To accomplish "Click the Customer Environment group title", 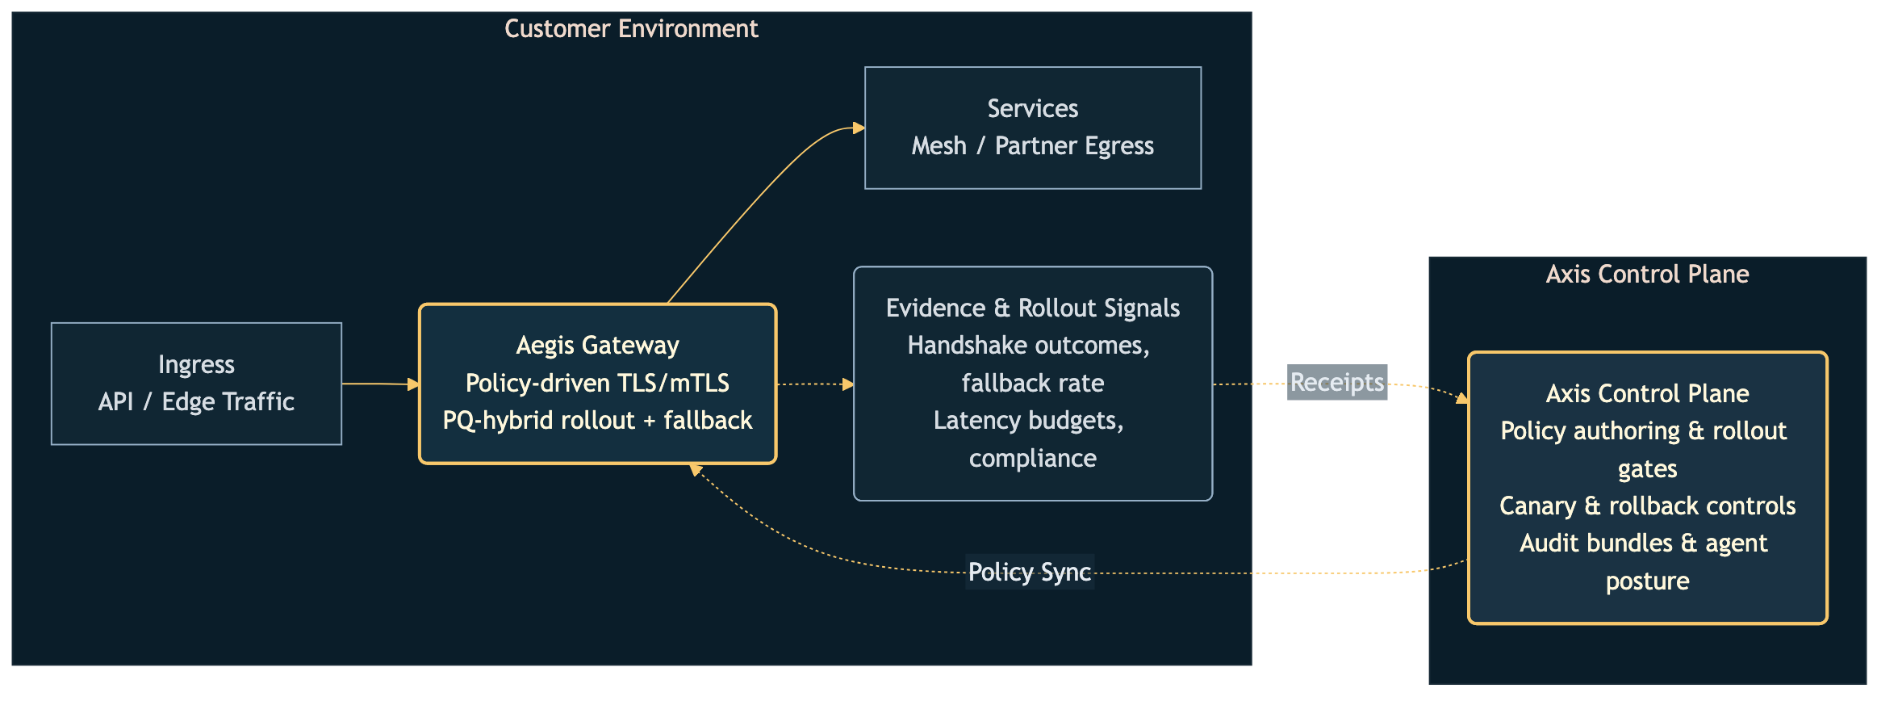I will click(x=631, y=29).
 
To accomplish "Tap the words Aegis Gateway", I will click(x=597, y=346).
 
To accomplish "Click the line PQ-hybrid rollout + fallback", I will click(x=597, y=421).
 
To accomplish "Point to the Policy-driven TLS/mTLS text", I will click(x=597, y=383).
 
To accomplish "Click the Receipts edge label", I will click(x=1336, y=382).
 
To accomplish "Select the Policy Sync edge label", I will click(x=1029, y=572).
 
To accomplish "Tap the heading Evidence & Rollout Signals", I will click(x=1032, y=308).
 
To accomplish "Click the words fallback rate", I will click(x=1032, y=383).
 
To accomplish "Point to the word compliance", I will click(x=1032, y=458).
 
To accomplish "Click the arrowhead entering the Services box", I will click(x=859, y=128).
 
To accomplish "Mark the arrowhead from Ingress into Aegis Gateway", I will click(x=413, y=384).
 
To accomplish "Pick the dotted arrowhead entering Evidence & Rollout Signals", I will click(x=848, y=384).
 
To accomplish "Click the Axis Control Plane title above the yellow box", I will click(x=1647, y=275).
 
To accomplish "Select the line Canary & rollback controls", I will click(x=1647, y=506).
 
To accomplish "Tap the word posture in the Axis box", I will click(x=1647, y=581).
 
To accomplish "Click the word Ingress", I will click(x=196, y=364).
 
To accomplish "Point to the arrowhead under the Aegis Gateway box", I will click(x=695, y=469).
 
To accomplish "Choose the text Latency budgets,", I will click(x=1028, y=420).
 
